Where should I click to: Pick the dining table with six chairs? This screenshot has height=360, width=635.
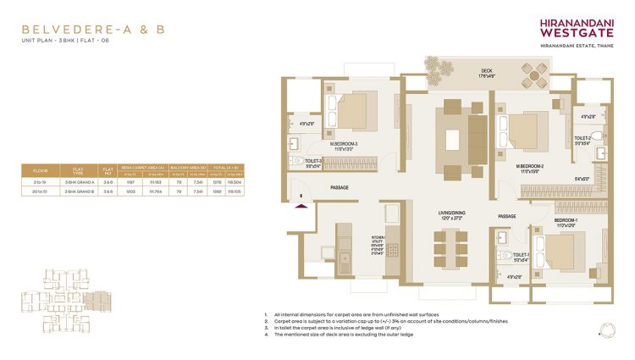tap(448, 250)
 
